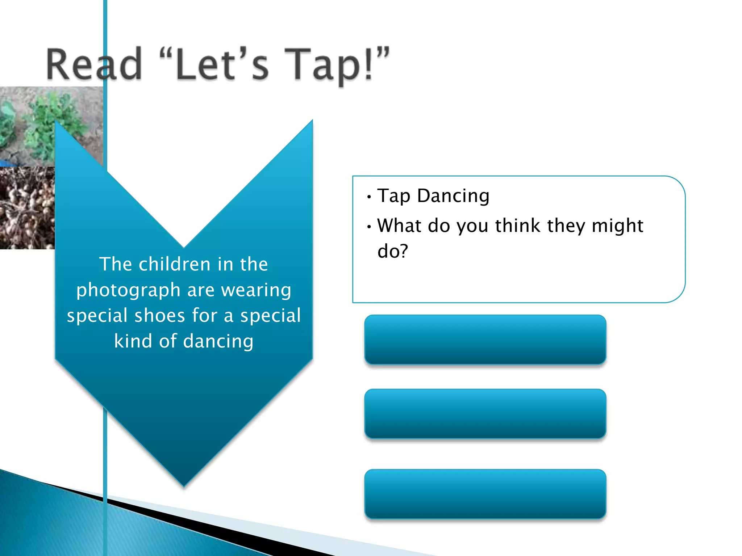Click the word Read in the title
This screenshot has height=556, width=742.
(94, 64)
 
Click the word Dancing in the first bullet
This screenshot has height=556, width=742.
(453, 196)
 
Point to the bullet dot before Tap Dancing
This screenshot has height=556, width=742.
(369, 197)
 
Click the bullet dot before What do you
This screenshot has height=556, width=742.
(369, 227)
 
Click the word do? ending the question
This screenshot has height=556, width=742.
(393, 251)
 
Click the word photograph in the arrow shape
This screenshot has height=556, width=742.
(128, 290)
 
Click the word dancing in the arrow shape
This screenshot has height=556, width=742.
(218, 341)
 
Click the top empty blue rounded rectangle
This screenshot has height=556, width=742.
(485, 340)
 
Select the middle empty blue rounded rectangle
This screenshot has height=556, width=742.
(485, 414)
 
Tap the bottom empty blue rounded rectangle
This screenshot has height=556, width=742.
(485, 494)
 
